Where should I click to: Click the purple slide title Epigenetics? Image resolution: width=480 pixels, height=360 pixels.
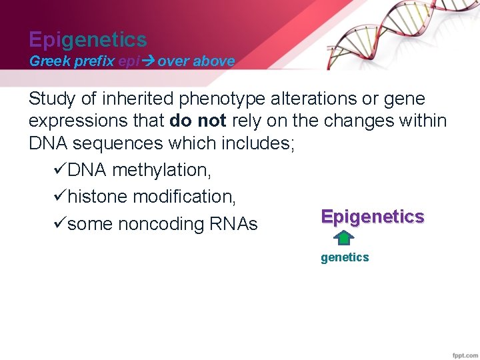pyautogui.click(x=87, y=40)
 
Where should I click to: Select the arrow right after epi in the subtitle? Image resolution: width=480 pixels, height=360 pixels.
pyautogui.click(x=147, y=61)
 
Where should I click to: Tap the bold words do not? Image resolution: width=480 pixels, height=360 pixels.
pyautogui.click(x=198, y=121)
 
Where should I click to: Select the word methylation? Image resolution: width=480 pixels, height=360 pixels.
pyautogui.click(x=162, y=171)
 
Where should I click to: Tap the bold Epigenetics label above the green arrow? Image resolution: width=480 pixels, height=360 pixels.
pyautogui.click(x=372, y=217)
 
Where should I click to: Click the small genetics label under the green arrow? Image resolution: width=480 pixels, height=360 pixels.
pyautogui.click(x=344, y=257)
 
